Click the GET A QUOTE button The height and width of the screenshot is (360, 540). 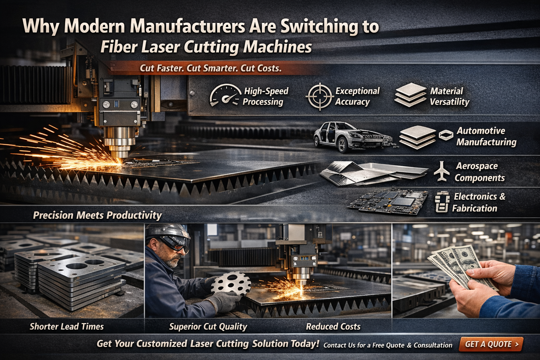coord(491,344)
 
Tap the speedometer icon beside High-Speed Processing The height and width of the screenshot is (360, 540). coord(225,95)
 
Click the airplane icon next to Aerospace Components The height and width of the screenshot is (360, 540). coord(442,171)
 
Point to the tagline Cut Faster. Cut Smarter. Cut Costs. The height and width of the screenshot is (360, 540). coord(211,68)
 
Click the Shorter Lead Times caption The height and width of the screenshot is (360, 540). coord(67,327)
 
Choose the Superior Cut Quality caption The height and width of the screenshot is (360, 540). coord(208,327)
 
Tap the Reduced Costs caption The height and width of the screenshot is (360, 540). coord(333,327)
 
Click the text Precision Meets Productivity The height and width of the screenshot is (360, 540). coord(97,215)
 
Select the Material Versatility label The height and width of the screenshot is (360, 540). coord(449,96)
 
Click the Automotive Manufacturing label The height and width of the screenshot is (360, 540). coord(486,136)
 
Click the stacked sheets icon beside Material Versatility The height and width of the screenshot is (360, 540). coord(411,95)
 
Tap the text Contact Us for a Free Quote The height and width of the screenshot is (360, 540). coord(387,345)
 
